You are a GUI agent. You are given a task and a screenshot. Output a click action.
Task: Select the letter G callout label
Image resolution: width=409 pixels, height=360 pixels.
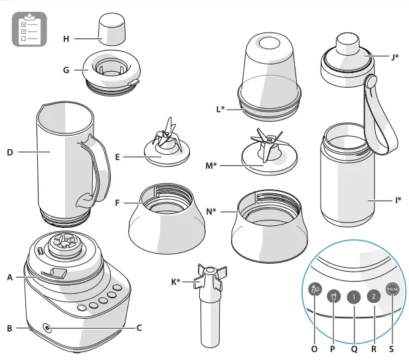tap(66, 68)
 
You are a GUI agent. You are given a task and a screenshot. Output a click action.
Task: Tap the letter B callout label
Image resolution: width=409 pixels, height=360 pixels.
tap(9, 327)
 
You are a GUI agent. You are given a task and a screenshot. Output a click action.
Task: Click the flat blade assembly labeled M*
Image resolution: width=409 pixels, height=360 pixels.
tap(266, 153)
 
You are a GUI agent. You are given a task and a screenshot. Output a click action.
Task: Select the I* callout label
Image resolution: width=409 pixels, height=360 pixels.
tap(397, 197)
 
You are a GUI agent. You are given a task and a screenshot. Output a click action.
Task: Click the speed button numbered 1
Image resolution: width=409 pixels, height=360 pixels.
tap(354, 297)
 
